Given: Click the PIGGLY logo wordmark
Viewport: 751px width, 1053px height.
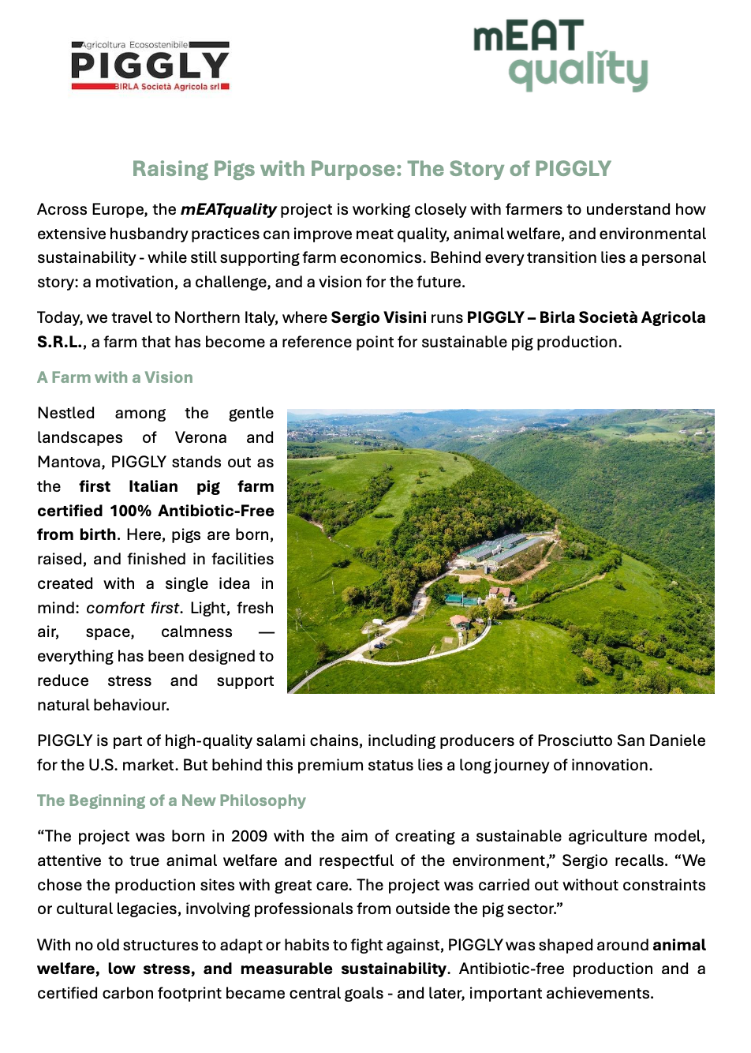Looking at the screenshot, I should tap(150, 66).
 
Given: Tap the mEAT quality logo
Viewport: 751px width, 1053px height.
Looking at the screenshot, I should tap(561, 55).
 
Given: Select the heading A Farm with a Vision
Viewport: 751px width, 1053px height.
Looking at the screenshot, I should tap(115, 377).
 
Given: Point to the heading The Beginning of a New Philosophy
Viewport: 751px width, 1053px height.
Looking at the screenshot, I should tap(171, 800).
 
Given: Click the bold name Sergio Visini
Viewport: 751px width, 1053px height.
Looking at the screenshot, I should tap(379, 317).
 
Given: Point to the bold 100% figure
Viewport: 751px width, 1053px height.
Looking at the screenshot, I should tap(130, 511).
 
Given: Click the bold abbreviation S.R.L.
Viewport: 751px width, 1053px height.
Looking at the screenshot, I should tap(61, 342).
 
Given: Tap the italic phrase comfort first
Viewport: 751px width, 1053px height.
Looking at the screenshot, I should tap(133, 608).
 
